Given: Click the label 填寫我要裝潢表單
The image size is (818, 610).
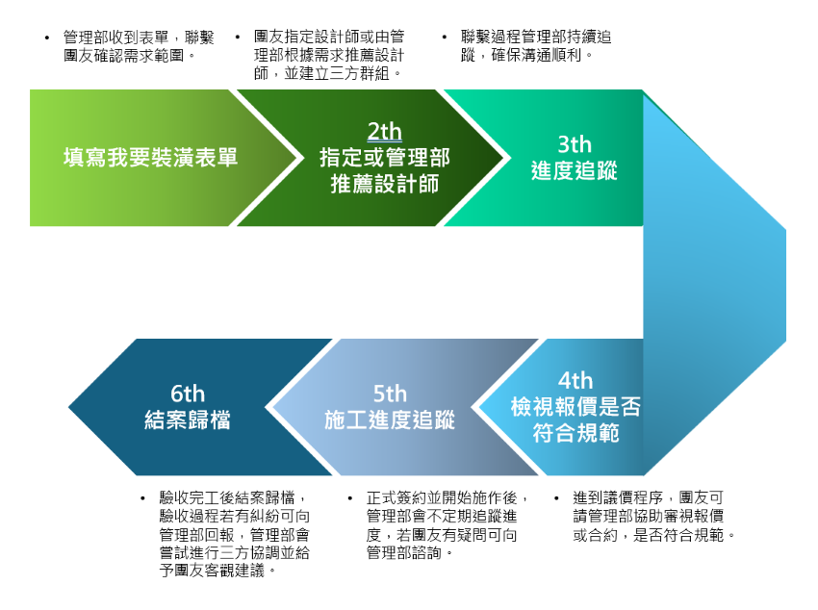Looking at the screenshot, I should [x=150, y=158].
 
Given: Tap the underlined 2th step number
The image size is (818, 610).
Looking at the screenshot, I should [x=384, y=132].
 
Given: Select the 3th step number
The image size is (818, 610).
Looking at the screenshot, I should [x=574, y=144].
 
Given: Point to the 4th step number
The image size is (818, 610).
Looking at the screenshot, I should [x=575, y=381].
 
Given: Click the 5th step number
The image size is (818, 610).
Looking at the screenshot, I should [x=390, y=394].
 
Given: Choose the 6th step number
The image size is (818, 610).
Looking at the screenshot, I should [x=188, y=394].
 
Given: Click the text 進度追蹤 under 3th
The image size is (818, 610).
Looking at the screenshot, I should [x=574, y=171].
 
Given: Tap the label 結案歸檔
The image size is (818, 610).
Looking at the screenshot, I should [x=188, y=420].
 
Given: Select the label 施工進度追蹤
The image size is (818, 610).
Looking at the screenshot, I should [x=390, y=420].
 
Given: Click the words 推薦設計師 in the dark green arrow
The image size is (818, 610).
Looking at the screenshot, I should [x=384, y=183].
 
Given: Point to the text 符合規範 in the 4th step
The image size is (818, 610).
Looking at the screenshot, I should [x=575, y=433].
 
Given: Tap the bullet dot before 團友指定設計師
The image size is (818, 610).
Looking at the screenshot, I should [x=238, y=38].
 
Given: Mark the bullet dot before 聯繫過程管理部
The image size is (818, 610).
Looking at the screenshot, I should [x=445, y=38].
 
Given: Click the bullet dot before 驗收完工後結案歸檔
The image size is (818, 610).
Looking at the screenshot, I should [x=144, y=499].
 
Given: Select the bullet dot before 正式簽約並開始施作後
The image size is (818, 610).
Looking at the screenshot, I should [x=350, y=499].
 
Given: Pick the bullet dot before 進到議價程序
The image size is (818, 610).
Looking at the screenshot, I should [x=556, y=499].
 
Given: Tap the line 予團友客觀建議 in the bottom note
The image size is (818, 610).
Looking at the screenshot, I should [x=221, y=572].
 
